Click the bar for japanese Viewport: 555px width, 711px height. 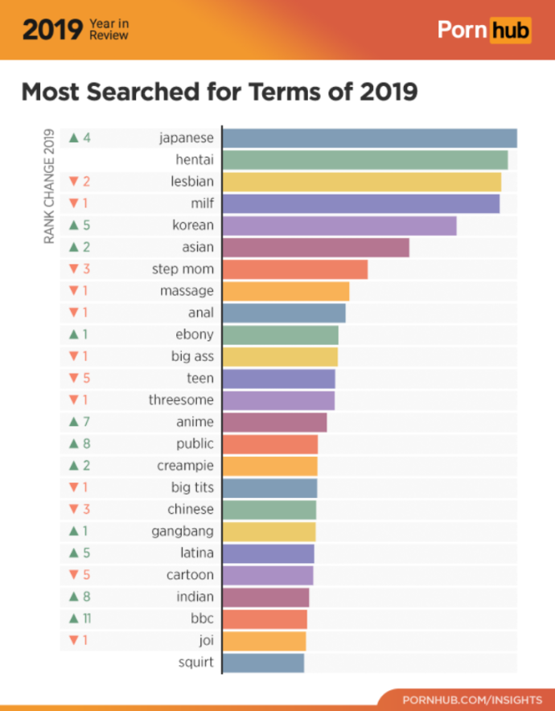coord(369,138)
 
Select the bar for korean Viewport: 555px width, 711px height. coord(339,225)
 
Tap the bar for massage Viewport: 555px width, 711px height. coord(286,291)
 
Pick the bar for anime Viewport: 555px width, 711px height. coord(274,421)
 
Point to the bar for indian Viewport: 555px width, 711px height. coord(265,597)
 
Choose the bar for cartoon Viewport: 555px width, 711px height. coord(268,575)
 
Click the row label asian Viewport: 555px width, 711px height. coord(197,248)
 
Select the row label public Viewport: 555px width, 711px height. coord(195,443)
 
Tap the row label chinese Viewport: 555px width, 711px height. coord(190,509)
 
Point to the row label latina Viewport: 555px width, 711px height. coord(196,553)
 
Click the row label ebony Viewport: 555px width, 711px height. coord(194,335)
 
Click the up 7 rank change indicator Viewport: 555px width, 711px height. coord(79,421)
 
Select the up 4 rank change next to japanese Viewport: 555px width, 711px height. coord(79,138)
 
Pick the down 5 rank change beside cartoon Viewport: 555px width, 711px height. coord(79,575)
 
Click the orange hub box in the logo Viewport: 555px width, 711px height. coord(510,31)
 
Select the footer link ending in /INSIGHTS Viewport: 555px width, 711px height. coord(471,699)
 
